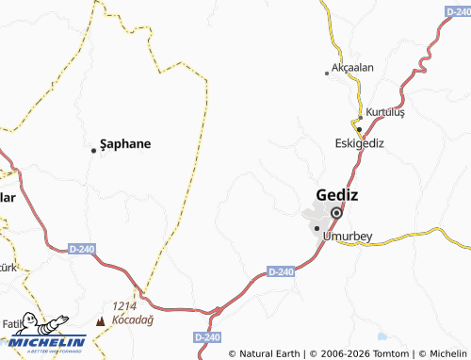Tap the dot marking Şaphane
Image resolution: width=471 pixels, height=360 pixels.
(92, 150)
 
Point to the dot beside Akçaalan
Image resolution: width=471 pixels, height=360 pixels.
(327, 73)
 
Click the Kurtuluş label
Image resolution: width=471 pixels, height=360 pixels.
(385, 112)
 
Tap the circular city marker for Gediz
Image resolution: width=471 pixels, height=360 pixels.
(334, 212)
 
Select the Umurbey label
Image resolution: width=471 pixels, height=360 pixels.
(349, 237)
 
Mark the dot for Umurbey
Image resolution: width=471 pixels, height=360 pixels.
(316, 227)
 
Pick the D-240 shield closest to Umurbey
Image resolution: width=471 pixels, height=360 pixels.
(282, 271)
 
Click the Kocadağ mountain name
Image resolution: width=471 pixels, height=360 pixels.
(132, 319)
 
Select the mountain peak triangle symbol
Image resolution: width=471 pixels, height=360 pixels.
(101, 320)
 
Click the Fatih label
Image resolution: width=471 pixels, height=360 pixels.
(11, 323)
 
